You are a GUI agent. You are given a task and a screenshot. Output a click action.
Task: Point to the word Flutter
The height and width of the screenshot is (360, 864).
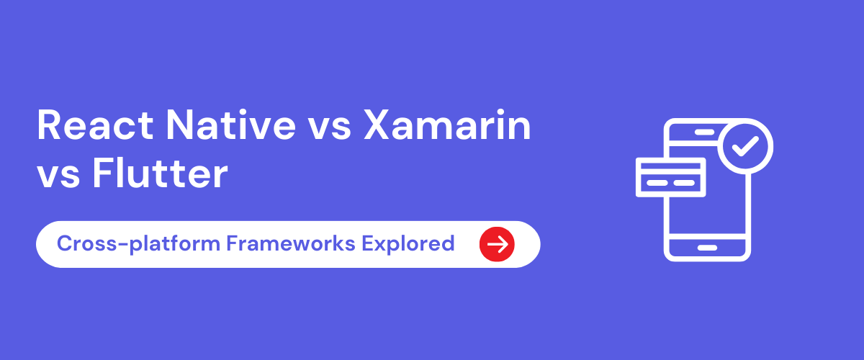pyautogui.click(x=161, y=175)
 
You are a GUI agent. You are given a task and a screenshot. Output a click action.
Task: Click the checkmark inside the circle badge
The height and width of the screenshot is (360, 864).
pyautogui.click(x=745, y=146)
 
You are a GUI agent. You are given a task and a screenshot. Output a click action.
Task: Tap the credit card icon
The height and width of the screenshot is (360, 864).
pyautogui.click(x=670, y=176)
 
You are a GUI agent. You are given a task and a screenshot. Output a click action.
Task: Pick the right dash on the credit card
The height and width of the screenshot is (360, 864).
pyautogui.click(x=683, y=183)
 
